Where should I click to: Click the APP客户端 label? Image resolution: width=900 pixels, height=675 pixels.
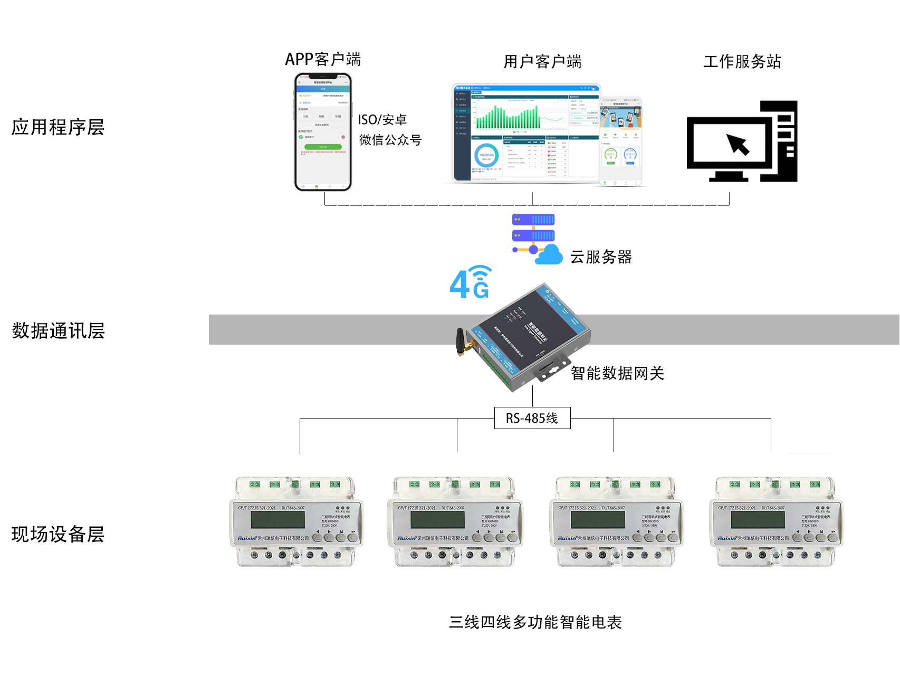point(323,59)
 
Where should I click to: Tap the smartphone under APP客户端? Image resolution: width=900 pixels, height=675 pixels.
point(323,132)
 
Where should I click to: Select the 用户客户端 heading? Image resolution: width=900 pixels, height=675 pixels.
point(542,62)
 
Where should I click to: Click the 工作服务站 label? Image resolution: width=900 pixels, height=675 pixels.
point(742,62)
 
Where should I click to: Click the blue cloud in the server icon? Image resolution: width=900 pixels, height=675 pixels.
point(550,255)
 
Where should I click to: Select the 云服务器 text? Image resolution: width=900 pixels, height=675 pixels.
point(601,257)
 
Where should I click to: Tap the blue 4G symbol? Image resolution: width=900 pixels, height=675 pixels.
point(470,283)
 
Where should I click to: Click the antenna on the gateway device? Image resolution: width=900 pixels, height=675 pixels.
point(461,342)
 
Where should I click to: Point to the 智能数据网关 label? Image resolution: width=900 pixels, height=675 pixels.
point(617,374)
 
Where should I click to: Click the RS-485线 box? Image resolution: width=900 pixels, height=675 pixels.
point(532,419)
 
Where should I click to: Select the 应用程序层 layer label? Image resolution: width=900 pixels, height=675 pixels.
point(58,127)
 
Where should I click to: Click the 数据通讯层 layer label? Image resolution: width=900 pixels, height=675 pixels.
point(58,331)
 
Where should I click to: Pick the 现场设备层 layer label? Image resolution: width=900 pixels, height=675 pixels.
point(58,534)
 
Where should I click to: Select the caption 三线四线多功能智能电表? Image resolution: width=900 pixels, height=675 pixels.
point(535,622)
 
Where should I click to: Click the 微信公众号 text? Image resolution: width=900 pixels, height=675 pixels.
point(390,140)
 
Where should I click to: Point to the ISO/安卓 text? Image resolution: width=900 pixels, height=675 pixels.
point(382,120)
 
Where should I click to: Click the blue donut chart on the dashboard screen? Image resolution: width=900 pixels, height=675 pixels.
point(486,156)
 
